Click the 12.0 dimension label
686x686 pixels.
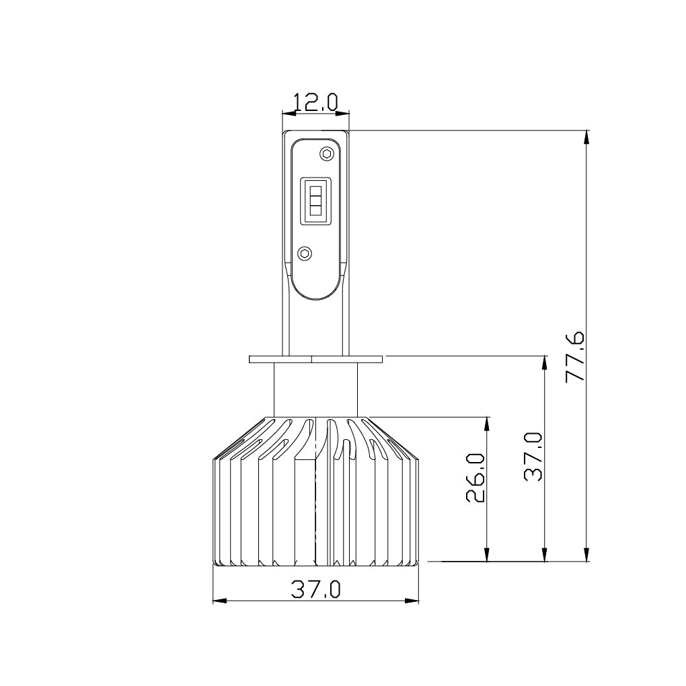pyautogui.click(x=315, y=102)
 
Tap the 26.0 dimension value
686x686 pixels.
pyautogui.click(x=475, y=478)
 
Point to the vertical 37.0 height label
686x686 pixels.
pyautogui.click(x=533, y=457)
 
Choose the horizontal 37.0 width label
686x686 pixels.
pyautogui.click(x=315, y=590)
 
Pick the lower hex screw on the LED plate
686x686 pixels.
pyautogui.click(x=304, y=254)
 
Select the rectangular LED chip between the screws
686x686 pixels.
pyautogui.click(x=315, y=200)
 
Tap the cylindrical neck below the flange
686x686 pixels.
pyautogui.click(x=315, y=389)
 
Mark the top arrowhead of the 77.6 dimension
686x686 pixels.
pyautogui.click(x=587, y=137)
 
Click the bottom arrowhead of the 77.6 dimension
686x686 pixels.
pyautogui.click(x=587, y=553)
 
